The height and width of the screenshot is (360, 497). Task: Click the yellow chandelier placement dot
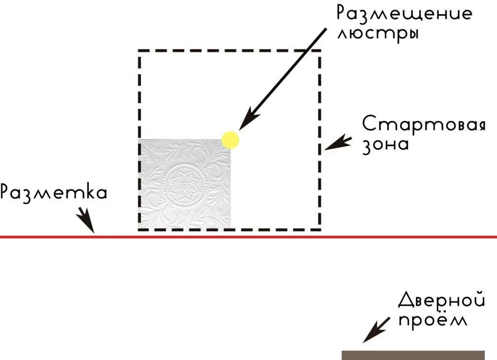tap(231, 139)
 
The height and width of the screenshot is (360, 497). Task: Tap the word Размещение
tap(404, 14)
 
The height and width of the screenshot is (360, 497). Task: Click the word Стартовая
tap(424, 125)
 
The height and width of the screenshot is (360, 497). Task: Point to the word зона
tap(386, 145)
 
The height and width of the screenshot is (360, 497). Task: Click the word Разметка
tap(53, 192)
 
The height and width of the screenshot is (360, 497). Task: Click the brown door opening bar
tap(413, 355)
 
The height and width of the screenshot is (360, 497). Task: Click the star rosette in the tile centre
tap(185, 184)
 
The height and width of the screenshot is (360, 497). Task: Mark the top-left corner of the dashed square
tap(140, 51)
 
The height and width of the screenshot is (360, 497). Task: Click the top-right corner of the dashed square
tap(319, 51)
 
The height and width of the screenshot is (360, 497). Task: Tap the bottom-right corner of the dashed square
tap(319, 228)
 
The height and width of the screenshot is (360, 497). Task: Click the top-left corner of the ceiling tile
tap(139, 140)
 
